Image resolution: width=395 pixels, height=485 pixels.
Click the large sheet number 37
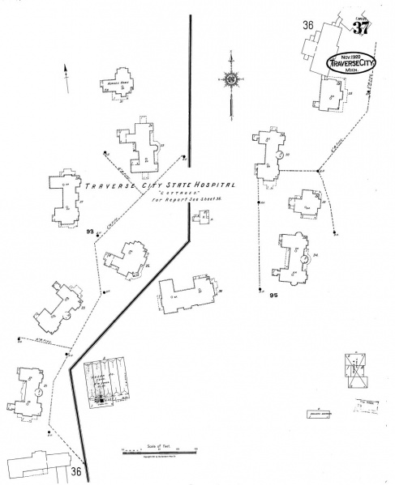click(361, 28)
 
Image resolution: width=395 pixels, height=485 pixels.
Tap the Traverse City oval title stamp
click(354, 62)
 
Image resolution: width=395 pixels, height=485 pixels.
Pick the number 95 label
click(273, 296)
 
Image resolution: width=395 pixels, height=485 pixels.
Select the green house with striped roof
click(108, 381)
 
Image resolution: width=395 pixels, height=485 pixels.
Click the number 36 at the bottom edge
click(77, 471)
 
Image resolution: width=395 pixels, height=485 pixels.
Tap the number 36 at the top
click(307, 26)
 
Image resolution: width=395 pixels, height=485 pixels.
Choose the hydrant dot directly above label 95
click(261, 287)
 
